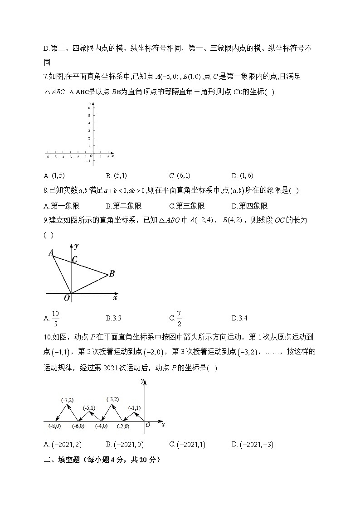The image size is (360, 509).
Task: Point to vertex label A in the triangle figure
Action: point(51,252)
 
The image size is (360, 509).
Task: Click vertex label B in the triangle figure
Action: point(112,273)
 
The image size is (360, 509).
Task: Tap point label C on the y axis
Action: point(75,260)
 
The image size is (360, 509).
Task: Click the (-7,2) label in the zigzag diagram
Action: point(67,400)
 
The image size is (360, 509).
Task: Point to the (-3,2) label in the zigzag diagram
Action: point(112,399)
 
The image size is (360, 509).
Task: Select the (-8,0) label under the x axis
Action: point(56,426)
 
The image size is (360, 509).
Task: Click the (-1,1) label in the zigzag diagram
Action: point(134,408)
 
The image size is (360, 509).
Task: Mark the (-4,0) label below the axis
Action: point(102,426)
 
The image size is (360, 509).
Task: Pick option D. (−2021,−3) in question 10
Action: point(252,445)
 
